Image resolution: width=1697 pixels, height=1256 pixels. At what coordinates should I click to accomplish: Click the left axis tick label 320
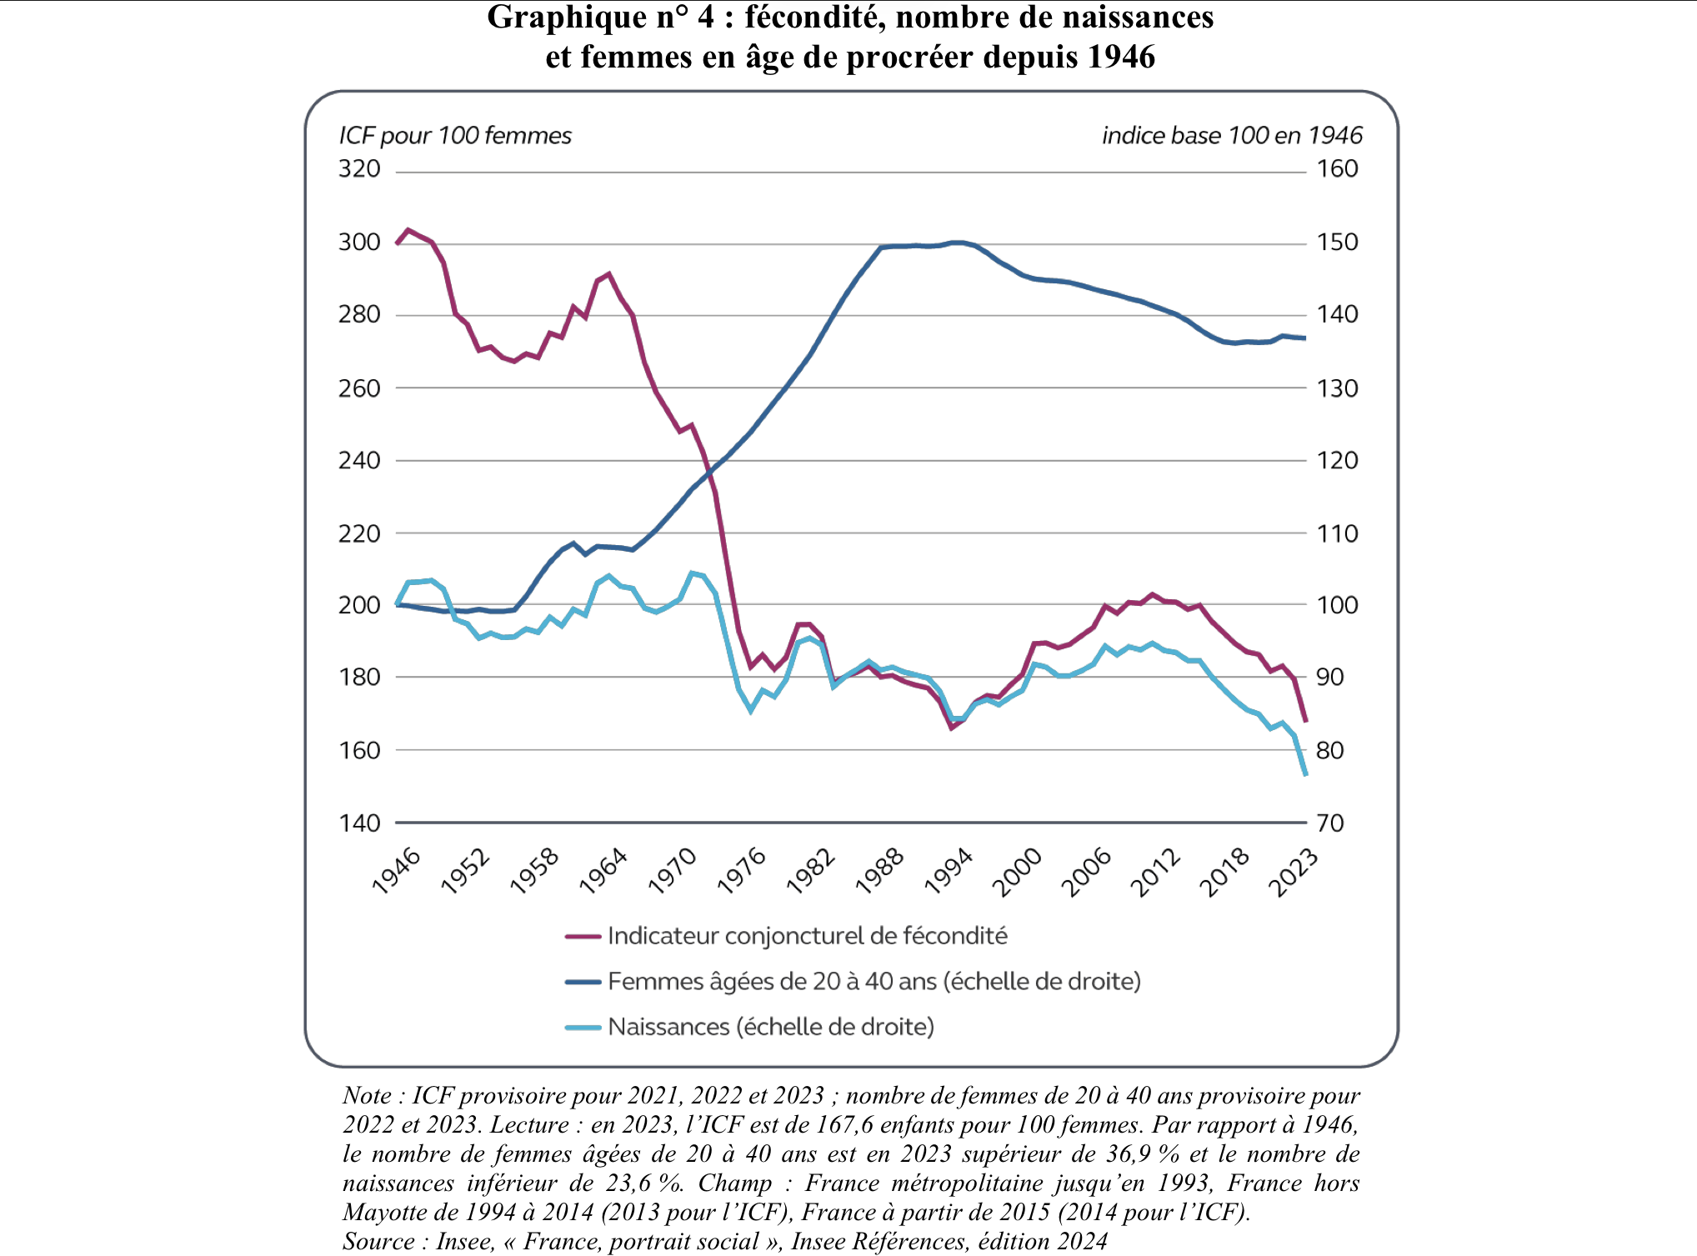point(359,169)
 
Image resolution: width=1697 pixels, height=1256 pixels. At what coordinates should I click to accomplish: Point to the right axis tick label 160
point(1337,169)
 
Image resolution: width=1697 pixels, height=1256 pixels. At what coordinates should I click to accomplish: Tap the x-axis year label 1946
point(397,871)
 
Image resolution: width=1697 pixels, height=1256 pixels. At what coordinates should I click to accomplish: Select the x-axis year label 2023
point(1293,872)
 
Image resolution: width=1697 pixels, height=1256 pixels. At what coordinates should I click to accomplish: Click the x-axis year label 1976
point(742,871)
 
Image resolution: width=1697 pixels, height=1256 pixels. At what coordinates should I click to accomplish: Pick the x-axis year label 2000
point(1017,872)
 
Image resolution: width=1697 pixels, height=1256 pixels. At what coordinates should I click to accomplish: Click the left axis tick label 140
point(359,823)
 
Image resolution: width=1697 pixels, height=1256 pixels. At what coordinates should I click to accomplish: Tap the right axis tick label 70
point(1330,823)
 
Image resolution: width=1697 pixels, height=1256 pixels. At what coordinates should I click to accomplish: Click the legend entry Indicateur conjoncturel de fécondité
point(807,936)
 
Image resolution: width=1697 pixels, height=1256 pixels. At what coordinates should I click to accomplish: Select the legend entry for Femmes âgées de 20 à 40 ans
point(874,981)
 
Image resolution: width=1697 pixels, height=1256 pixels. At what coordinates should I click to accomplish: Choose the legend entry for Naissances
point(770,1027)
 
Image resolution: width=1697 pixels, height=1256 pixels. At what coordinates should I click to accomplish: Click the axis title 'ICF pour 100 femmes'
point(455,136)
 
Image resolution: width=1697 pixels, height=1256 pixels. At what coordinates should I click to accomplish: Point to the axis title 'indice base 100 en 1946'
point(1232,136)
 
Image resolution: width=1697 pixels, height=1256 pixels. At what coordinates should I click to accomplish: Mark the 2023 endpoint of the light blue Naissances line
point(1305,775)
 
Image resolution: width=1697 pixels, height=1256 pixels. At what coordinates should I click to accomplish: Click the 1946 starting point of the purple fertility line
point(397,243)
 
